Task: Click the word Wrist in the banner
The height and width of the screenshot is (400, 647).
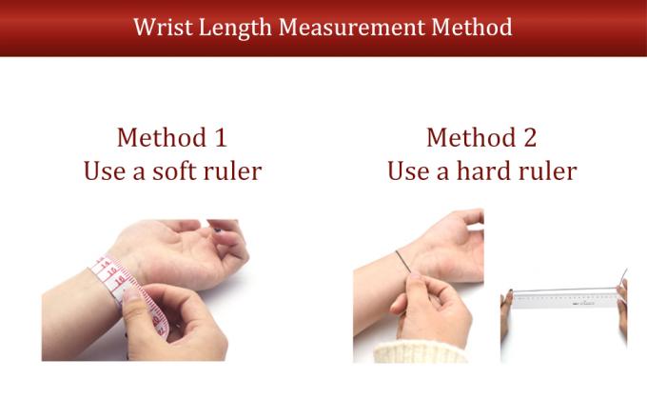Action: pyautogui.click(x=163, y=28)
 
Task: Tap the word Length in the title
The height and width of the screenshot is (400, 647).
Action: pyautogui.click(x=235, y=29)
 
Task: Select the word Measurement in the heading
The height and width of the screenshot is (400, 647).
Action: pyautogui.click(x=351, y=28)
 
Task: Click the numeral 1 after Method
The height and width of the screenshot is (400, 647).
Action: pyautogui.click(x=221, y=137)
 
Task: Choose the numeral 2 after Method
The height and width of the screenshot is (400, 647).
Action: pyautogui.click(x=530, y=137)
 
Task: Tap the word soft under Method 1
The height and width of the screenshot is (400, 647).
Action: pyautogui.click(x=174, y=170)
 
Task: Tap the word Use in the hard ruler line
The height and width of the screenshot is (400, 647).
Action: pyautogui.click(x=408, y=170)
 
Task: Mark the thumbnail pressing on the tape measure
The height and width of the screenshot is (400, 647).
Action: pyautogui.click(x=132, y=295)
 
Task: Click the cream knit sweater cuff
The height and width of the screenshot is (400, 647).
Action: pyautogui.click(x=420, y=352)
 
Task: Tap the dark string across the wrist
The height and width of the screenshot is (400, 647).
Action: pyautogui.click(x=403, y=262)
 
